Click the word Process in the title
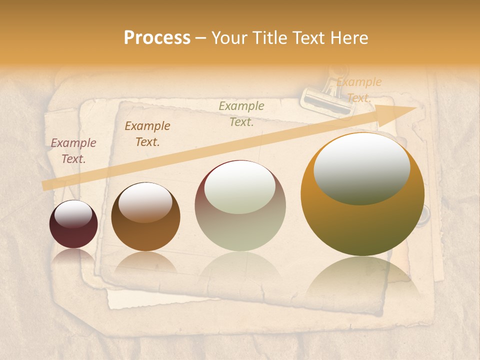(157, 38)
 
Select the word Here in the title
(348, 38)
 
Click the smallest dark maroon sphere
(73, 224)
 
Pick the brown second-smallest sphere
(145, 217)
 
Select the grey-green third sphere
(240, 205)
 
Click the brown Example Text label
(147, 134)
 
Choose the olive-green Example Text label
(241, 113)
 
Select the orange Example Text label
(359, 90)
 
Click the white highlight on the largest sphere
(361, 168)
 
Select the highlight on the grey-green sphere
(240, 187)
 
